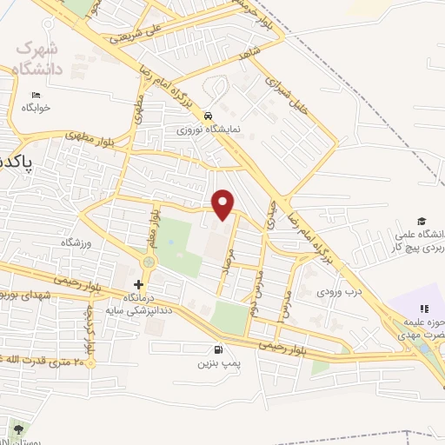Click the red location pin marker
point(224,203)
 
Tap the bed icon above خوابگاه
point(36,95)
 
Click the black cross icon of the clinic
point(138,284)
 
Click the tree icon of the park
point(17,428)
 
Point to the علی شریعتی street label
point(130,35)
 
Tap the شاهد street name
point(252,53)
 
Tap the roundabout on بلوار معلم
point(149,261)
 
